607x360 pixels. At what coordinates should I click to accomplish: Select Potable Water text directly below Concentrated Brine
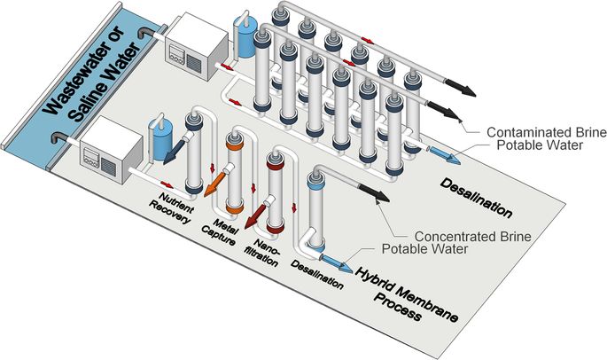coord(424,249)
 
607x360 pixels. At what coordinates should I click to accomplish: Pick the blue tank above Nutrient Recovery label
coord(161,141)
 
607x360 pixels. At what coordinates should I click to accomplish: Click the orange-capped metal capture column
coord(233,174)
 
